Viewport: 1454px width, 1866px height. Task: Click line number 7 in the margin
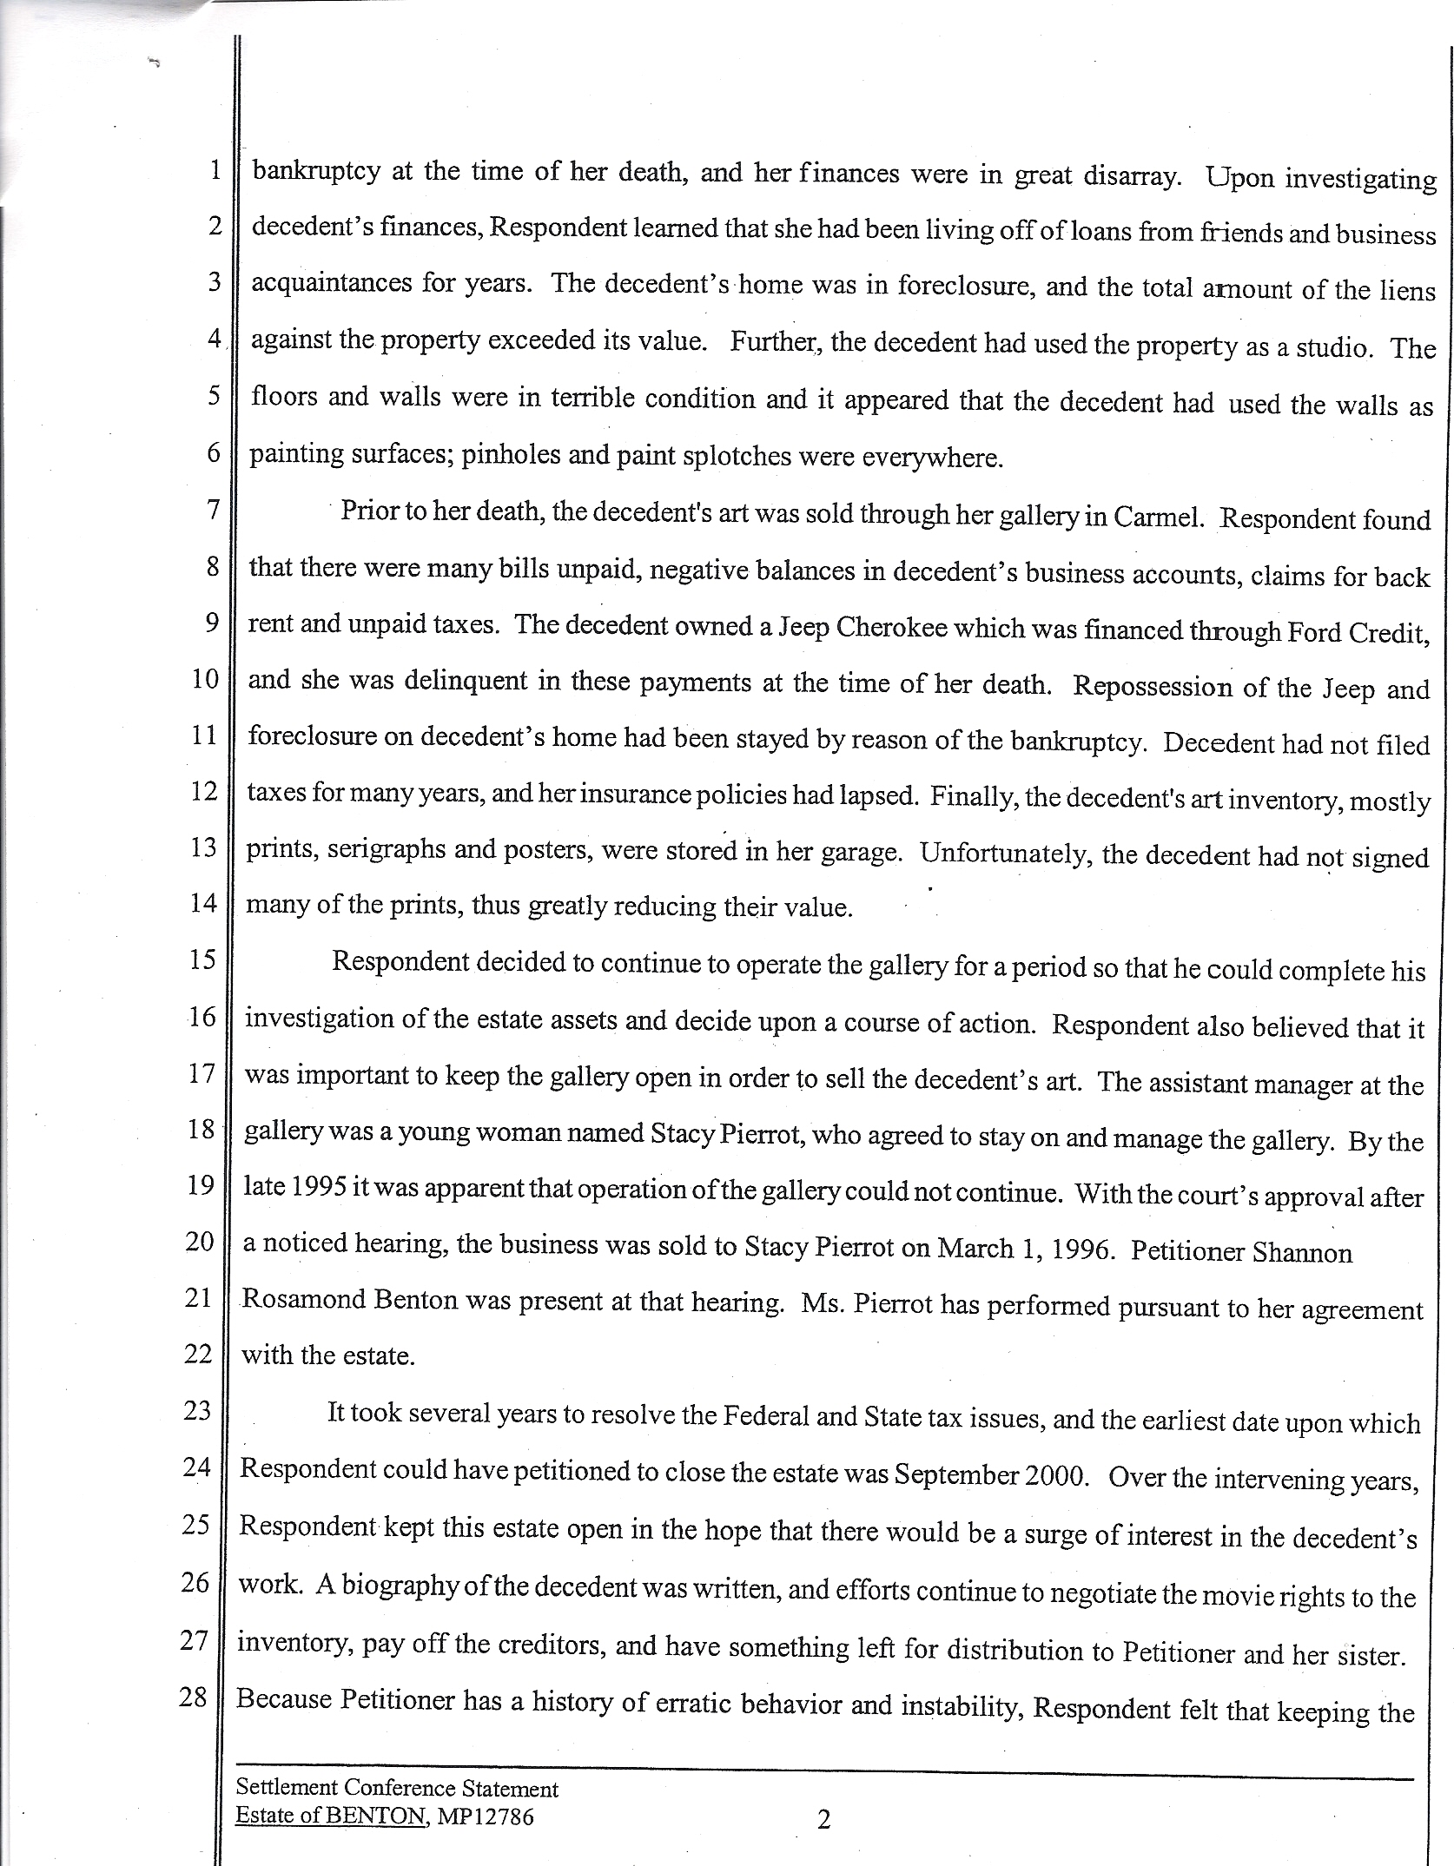[212, 509]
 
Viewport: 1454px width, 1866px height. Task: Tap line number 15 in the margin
[202, 959]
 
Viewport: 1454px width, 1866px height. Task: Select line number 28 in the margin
[194, 1696]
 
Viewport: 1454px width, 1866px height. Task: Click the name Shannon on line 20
[1302, 1253]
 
